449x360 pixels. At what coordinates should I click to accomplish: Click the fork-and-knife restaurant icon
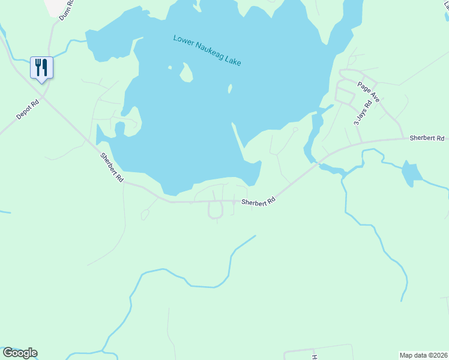(41, 67)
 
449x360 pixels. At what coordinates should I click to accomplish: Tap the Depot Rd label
(28, 109)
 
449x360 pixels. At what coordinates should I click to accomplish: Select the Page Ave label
(369, 90)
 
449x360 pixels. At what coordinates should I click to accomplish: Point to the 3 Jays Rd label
(363, 112)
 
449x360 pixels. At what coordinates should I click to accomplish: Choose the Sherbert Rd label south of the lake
(258, 202)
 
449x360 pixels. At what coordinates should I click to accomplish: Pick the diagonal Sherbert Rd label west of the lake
(112, 168)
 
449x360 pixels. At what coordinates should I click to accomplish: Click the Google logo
(20, 353)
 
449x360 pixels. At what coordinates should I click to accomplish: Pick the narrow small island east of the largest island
(230, 89)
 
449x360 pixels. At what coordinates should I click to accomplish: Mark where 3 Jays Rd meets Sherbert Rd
(361, 142)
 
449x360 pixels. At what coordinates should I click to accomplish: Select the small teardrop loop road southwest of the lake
(145, 214)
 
